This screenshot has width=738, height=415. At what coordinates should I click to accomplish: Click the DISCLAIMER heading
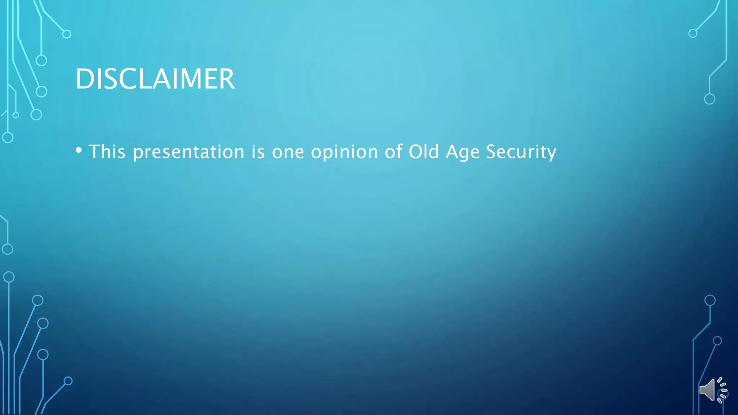[x=155, y=79]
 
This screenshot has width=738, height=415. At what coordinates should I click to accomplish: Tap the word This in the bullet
[x=107, y=151]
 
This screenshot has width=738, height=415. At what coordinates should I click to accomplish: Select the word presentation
[x=189, y=152]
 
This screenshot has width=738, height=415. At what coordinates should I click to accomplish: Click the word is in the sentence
[x=258, y=151]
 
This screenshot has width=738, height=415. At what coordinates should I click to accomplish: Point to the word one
[x=288, y=152]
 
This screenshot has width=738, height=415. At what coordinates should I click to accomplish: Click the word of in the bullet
[x=394, y=151]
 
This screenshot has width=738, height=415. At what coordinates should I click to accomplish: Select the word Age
[x=463, y=152]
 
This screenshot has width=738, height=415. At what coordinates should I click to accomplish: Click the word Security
[x=521, y=152]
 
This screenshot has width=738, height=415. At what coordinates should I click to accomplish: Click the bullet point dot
[x=79, y=150]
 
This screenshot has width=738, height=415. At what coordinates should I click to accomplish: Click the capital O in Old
[x=415, y=151]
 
